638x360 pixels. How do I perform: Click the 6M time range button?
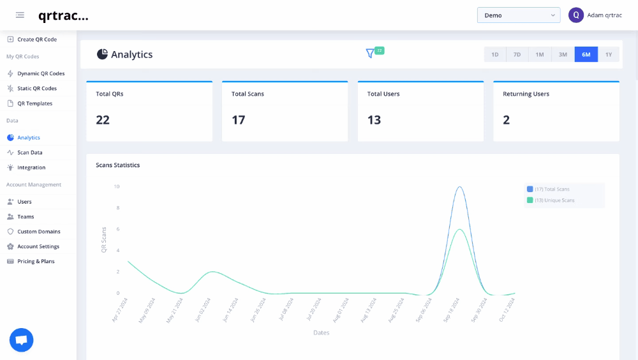(x=586, y=55)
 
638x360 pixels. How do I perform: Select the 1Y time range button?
(x=609, y=55)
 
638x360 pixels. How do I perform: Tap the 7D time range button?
(x=517, y=55)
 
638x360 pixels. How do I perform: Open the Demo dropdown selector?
(x=518, y=15)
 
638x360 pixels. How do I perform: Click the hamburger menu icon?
(x=20, y=15)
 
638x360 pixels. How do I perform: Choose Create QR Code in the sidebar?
(x=36, y=40)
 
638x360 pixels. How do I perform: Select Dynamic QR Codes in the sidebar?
(x=40, y=73)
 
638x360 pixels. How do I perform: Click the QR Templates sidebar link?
(x=34, y=103)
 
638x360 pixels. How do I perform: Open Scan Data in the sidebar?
(x=29, y=153)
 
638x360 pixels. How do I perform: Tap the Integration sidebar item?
(x=31, y=167)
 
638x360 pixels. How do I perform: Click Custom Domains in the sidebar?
(x=38, y=232)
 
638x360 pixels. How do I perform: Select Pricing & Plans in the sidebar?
(x=36, y=261)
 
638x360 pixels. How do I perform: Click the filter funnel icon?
(x=370, y=54)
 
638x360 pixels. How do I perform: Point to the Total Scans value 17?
(x=238, y=120)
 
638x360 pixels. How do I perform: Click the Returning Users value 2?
(x=507, y=120)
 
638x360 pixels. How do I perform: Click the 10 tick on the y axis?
(x=116, y=186)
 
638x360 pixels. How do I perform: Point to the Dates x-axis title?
(x=321, y=333)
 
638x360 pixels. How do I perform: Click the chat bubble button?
(x=21, y=340)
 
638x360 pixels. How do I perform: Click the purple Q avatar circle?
(x=576, y=15)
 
